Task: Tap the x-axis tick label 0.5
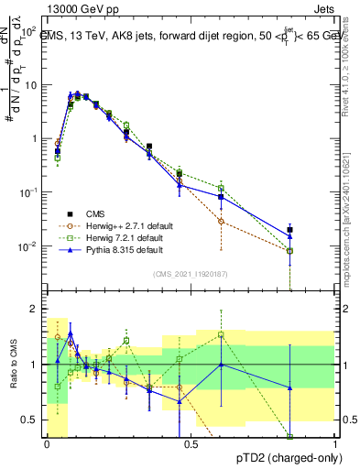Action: click(x=191, y=443)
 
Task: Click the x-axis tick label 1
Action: click(x=334, y=443)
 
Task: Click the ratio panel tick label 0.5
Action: click(x=30, y=420)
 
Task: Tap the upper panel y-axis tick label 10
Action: click(x=31, y=84)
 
